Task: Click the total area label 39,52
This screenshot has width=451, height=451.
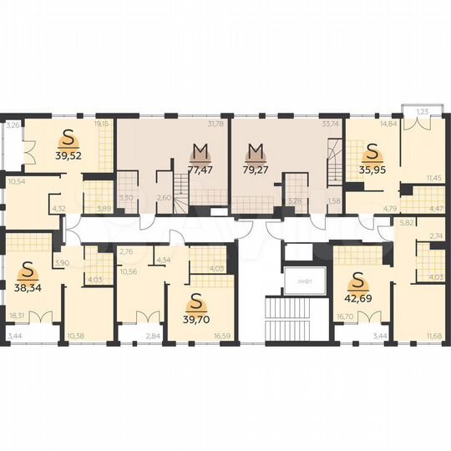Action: [x=69, y=155]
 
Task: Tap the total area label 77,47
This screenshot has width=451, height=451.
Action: [x=200, y=168]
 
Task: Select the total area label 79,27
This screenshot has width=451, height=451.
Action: [x=256, y=168]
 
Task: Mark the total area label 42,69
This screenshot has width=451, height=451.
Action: [x=358, y=294]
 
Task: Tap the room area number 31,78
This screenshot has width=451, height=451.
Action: [x=215, y=124]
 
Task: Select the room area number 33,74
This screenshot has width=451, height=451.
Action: [x=330, y=124]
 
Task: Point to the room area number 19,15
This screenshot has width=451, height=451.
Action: [x=101, y=124]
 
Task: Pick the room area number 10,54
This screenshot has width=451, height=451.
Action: [x=16, y=180]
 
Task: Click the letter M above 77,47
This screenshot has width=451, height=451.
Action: [x=200, y=151]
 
